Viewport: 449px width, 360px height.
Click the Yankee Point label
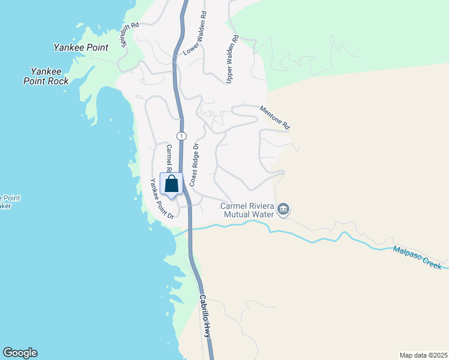[80, 47]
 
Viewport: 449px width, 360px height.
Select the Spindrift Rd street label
[130, 35]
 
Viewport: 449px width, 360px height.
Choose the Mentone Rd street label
[275, 118]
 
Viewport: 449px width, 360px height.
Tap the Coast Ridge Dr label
[194, 164]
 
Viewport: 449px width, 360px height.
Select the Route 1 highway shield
[181, 135]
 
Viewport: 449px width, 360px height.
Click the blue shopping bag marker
[171, 184]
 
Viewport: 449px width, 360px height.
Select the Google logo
[20, 353]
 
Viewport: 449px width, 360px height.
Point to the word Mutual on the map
[237, 214]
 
